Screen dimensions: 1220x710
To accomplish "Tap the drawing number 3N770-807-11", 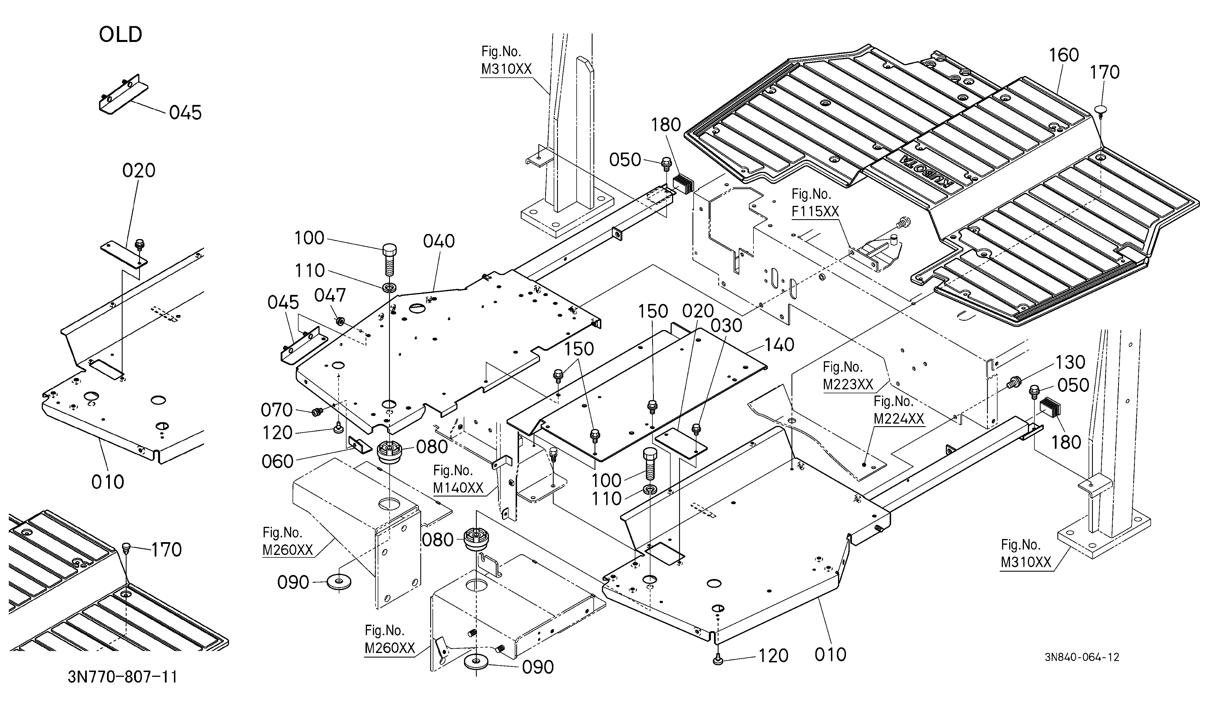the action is click(123, 677).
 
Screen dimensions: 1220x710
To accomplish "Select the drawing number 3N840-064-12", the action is click(1082, 657).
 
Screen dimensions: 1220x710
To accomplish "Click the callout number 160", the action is click(1064, 55).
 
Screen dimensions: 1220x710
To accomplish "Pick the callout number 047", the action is click(330, 295).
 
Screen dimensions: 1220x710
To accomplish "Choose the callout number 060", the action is click(278, 461).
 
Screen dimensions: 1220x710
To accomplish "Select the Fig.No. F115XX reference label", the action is click(815, 203).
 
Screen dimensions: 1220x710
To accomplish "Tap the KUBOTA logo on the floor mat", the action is click(925, 170).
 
